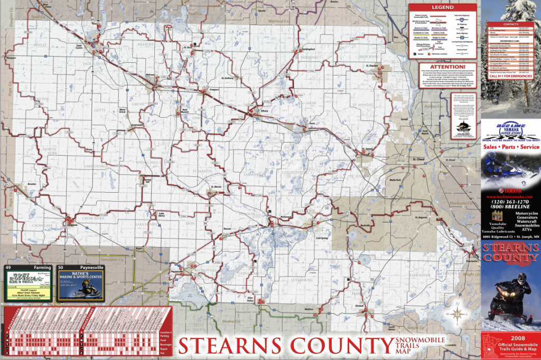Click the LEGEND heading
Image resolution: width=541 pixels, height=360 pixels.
[442, 7]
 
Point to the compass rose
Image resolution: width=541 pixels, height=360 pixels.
[457, 314]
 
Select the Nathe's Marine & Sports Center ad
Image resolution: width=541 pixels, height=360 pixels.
[81, 286]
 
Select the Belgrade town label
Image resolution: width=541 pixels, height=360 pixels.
[73, 225]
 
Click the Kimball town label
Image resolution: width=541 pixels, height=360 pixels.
[361, 306]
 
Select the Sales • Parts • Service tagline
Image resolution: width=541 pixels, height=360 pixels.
[511, 147]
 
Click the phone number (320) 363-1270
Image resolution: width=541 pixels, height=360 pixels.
[510, 202]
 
